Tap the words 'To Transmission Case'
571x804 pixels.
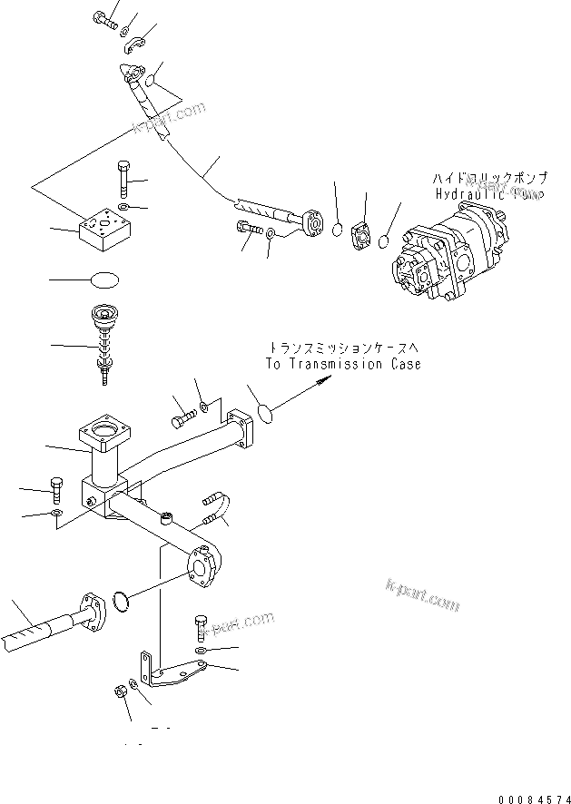[x=343, y=364]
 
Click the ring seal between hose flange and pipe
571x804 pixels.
[x=122, y=601]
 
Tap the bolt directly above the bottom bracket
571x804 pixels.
[x=200, y=627]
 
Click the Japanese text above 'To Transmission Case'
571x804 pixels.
[x=344, y=348]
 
